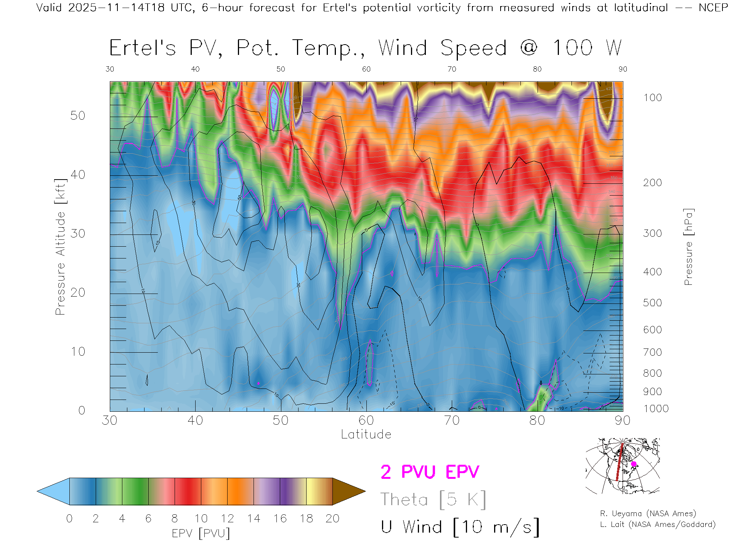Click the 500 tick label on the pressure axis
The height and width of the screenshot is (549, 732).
point(652,303)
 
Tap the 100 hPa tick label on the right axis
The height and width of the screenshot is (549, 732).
point(652,98)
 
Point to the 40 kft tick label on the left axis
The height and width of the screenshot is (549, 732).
point(77,175)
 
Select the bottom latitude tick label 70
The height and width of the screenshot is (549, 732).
point(452,420)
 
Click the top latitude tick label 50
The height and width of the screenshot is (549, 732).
point(281,69)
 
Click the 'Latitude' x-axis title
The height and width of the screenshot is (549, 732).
point(366,434)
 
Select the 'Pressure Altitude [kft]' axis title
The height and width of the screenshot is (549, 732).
point(60,247)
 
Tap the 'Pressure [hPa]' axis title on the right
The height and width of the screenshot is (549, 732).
point(688,247)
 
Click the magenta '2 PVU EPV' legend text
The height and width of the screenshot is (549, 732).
point(430,472)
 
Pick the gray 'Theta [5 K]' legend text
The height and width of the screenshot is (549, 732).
point(433,499)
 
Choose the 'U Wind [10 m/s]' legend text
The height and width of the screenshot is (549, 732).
point(460,527)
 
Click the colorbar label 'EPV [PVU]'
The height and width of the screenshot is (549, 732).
point(201,533)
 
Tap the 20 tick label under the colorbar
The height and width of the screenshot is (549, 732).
point(332,518)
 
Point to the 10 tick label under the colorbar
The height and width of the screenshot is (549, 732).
point(201,518)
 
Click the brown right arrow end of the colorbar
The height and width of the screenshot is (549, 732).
point(348,491)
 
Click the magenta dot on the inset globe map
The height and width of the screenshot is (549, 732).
point(634,464)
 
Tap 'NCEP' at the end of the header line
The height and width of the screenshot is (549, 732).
point(713,8)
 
